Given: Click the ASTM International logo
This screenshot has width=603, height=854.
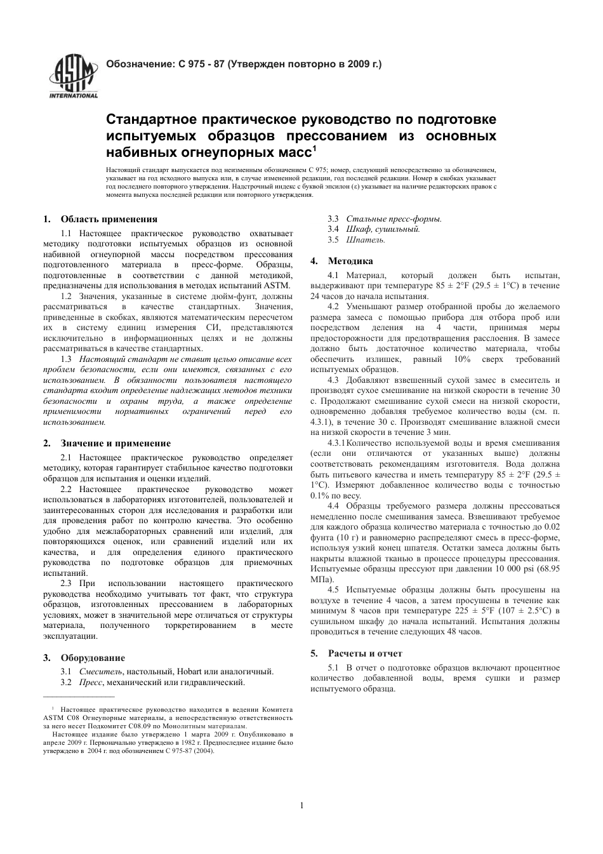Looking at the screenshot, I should [x=74, y=76].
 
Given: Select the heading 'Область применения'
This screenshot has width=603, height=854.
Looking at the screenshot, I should [x=109, y=219].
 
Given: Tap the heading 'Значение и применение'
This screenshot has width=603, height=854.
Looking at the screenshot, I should [x=116, y=443].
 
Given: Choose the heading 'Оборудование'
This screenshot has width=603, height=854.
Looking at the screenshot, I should [x=93, y=658].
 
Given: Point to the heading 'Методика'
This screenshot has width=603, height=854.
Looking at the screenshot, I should [x=350, y=261].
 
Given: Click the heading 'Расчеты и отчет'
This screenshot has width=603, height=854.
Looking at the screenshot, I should [x=365, y=653].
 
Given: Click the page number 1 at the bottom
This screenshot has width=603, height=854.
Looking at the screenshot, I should [x=301, y=806].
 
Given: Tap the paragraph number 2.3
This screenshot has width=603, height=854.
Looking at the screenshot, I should [x=66, y=584].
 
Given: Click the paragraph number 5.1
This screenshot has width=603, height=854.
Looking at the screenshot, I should [x=333, y=667].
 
